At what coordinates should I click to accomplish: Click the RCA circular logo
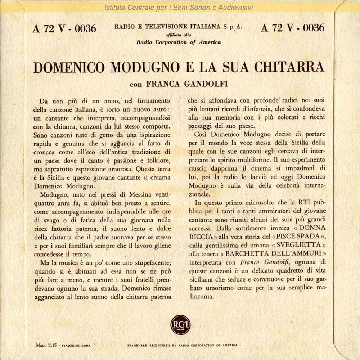pos(180,325)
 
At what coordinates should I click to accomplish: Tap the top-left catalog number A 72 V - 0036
pos(64,28)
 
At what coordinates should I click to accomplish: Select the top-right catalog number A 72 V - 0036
pos(292,28)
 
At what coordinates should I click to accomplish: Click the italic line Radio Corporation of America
pos(179,42)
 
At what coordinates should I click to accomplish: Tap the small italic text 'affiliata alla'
pos(178,35)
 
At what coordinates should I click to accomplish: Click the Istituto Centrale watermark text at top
pos(179,8)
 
